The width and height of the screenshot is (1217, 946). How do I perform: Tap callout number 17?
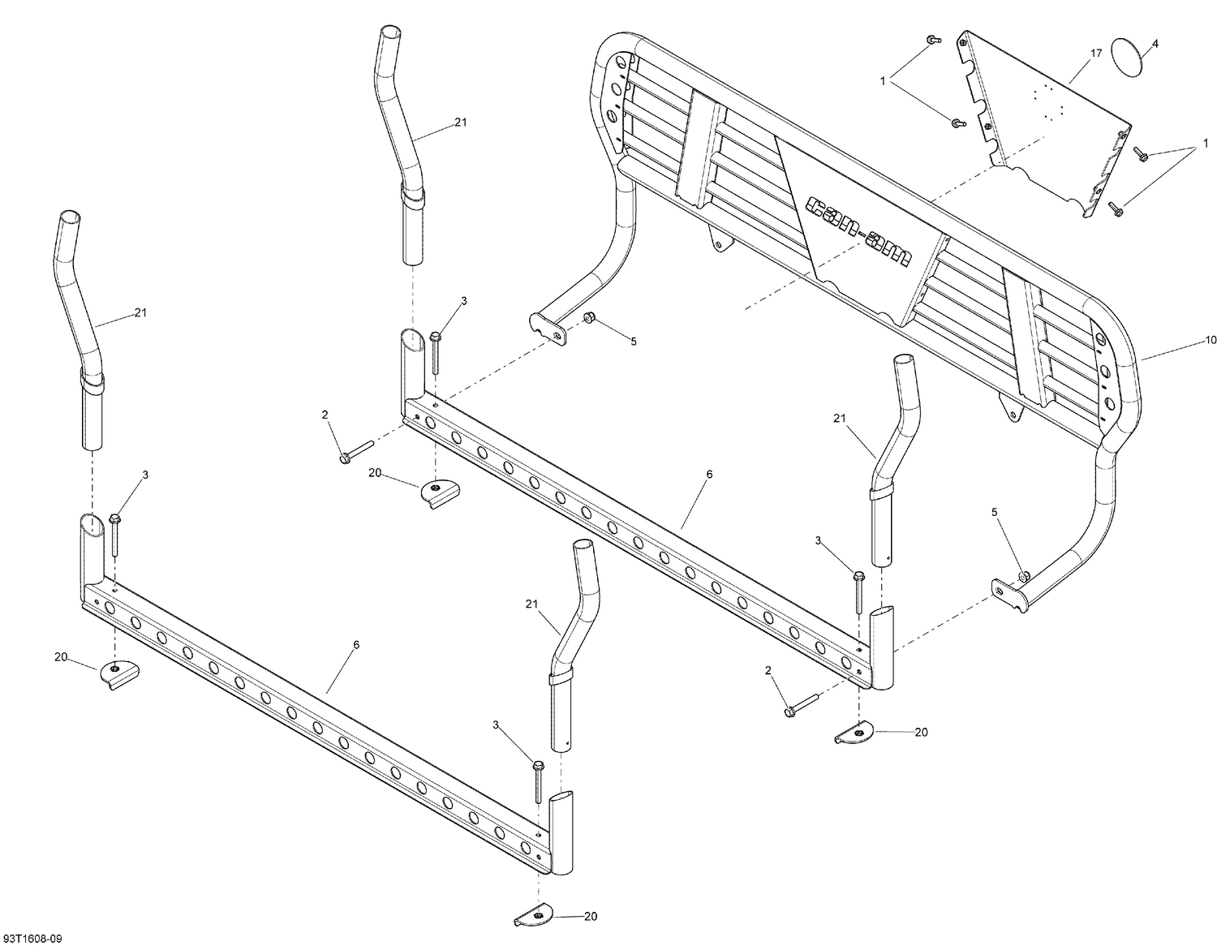coord(1095,54)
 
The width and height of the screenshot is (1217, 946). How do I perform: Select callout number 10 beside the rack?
coord(1211,341)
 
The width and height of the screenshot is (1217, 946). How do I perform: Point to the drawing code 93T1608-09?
coord(31,939)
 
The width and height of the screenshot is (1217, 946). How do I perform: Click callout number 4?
coord(1155,43)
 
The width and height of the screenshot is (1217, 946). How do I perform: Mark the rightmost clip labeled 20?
coord(854,733)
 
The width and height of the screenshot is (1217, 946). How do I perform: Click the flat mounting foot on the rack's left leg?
coord(548,326)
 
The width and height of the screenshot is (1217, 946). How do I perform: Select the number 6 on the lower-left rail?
coord(355,644)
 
